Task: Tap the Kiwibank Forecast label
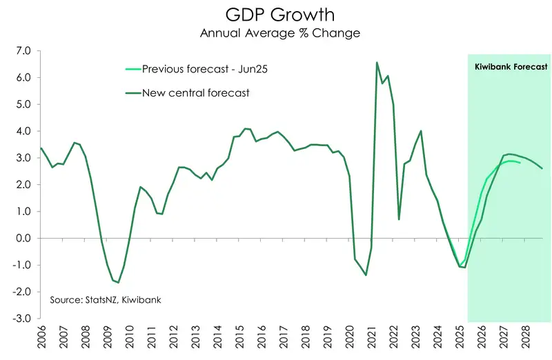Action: click(511, 68)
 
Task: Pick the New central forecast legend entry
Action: click(195, 92)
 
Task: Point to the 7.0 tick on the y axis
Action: click(23, 51)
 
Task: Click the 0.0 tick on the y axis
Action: click(23, 239)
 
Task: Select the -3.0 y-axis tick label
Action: click(21, 319)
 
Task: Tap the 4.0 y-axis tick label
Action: click(23, 131)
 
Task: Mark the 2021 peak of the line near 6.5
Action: click(377, 63)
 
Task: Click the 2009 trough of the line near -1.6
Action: click(118, 282)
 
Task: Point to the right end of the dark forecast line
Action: click(542, 168)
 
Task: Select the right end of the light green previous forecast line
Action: click(520, 163)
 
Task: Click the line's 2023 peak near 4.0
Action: click(421, 131)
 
